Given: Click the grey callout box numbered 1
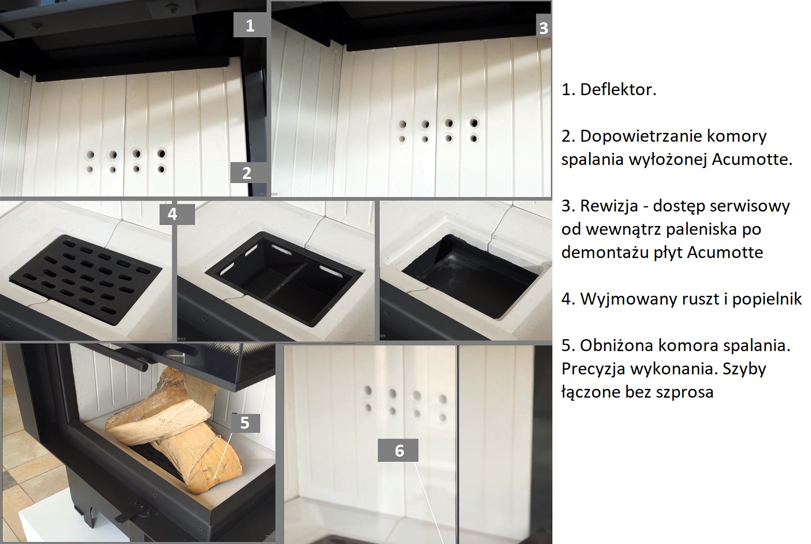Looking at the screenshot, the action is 250,25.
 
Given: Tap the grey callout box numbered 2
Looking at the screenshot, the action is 247,173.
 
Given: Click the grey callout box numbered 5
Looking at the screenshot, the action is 245,422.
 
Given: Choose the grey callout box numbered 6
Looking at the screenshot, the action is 398,450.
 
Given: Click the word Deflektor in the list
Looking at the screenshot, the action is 618,89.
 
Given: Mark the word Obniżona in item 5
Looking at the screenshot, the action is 614,345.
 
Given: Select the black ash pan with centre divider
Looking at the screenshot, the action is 283,278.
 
